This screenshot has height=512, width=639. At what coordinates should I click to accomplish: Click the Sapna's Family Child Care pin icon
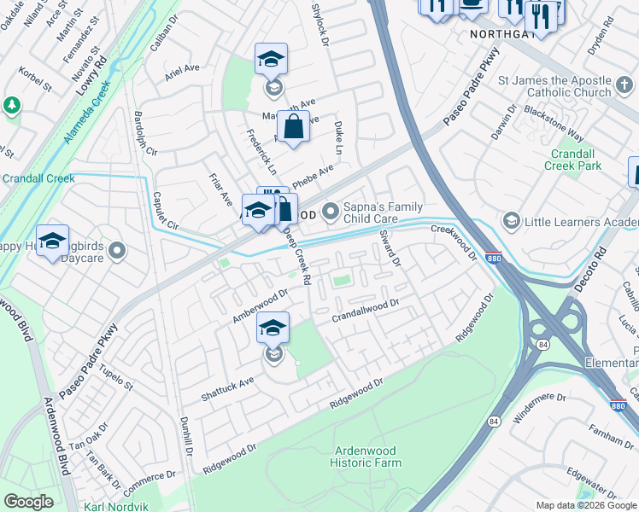click(331, 209)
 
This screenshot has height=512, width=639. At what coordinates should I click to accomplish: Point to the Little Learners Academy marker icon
click(511, 223)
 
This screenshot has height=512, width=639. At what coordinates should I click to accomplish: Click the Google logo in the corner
click(28, 502)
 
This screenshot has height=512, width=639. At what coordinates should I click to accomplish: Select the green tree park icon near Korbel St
click(11, 105)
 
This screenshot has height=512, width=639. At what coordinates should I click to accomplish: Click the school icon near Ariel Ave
click(271, 60)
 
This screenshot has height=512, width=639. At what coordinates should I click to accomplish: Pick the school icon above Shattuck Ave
click(273, 329)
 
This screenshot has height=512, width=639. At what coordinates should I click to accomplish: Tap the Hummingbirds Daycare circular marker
click(117, 251)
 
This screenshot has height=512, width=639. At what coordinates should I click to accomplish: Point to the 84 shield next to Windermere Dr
click(494, 422)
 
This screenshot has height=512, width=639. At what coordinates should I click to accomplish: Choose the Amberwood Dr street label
click(260, 305)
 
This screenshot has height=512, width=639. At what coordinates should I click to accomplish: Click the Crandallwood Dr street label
click(366, 311)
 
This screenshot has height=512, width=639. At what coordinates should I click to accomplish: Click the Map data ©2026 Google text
click(585, 505)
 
